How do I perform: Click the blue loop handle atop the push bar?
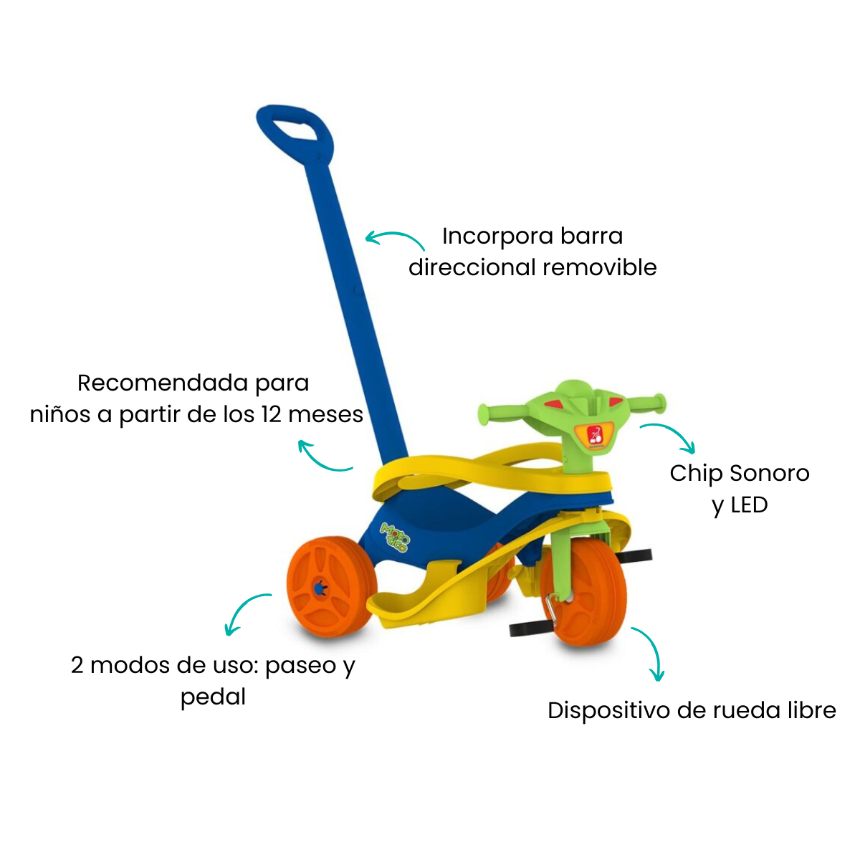[x=295, y=117]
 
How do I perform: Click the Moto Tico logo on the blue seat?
[x=394, y=536]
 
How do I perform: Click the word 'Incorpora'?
[x=497, y=237]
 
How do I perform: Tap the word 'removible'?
[x=600, y=268]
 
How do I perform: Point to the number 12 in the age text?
[x=271, y=415]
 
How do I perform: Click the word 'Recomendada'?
[x=163, y=383]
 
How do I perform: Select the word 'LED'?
[x=750, y=505]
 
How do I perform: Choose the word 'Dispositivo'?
[x=608, y=711]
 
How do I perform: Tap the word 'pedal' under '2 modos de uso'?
[x=213, y=697]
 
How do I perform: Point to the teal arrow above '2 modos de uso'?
[x=242, y=606]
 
